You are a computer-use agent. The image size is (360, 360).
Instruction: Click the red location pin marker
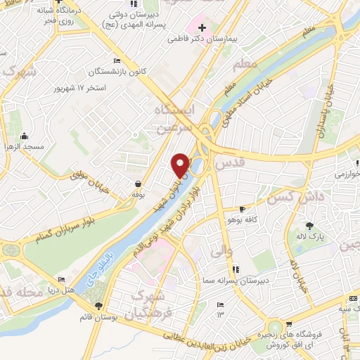click(181, 165)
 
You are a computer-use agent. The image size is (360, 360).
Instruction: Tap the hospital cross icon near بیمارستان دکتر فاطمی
click(202, 27)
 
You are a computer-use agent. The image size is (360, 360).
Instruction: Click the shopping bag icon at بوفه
click(137, 183)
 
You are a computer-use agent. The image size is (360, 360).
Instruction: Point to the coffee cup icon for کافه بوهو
click(243, 209)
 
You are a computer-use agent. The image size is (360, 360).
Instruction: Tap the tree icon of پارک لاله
click(311, 226)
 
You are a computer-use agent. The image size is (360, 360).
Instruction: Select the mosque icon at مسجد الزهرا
click(25, 136)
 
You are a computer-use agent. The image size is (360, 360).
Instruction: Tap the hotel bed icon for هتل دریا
click(61, 279)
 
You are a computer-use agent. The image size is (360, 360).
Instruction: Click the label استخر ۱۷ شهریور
click(82, 89)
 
